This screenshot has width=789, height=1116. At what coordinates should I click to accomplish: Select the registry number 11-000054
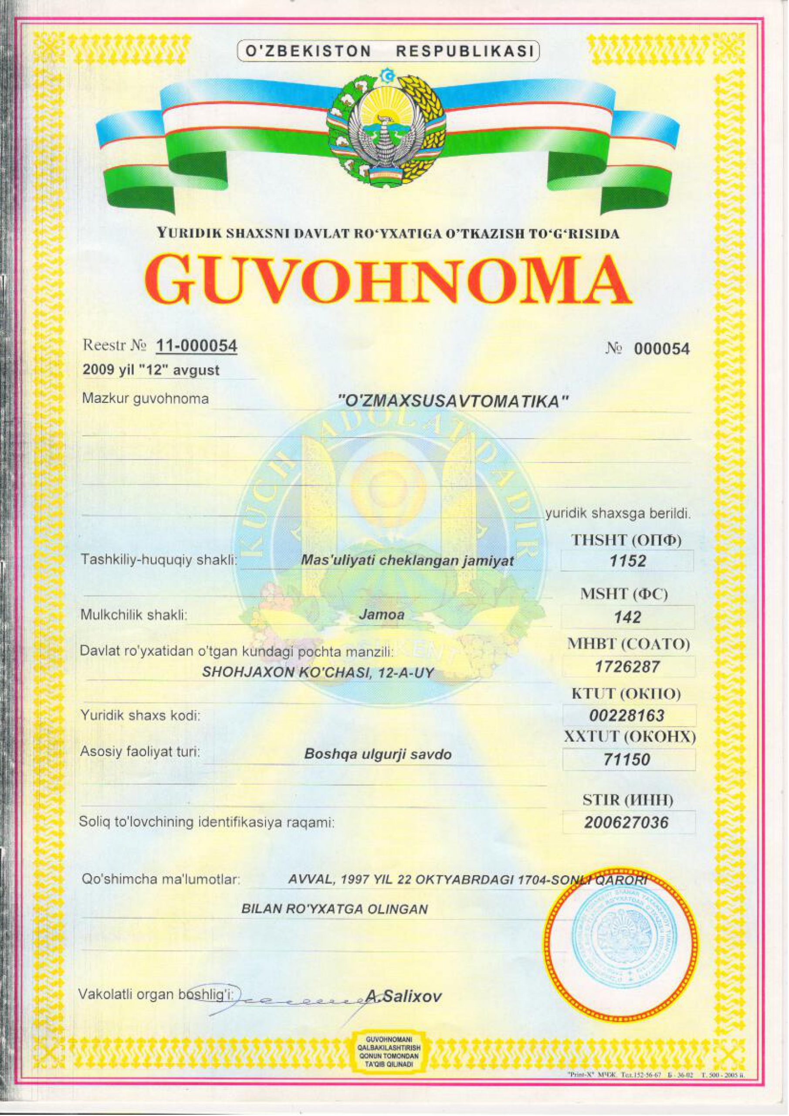coord(196,346)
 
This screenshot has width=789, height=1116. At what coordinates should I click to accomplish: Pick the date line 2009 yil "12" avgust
coord(151,371)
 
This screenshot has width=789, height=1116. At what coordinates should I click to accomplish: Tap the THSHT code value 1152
coord(628,561)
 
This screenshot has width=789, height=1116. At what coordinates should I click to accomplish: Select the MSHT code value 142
coord(628,617)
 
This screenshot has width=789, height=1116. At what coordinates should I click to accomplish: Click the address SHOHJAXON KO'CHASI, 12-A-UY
coord(317,673)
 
